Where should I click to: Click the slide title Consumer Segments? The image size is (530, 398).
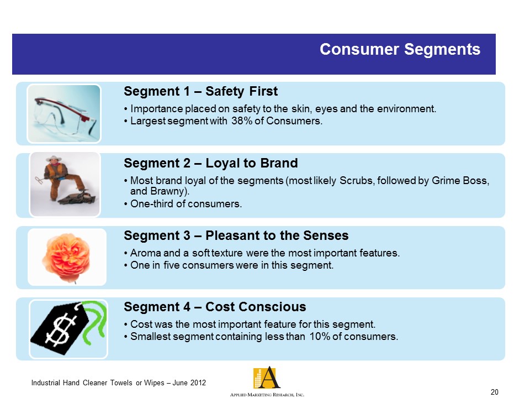pos(400,49)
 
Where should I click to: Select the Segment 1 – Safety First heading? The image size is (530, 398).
pos(200,91)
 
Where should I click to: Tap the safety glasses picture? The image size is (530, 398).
pos(64,113)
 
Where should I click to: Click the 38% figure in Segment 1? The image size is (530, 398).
pos(242,121)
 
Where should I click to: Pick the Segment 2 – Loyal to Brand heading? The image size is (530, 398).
pos(210,163)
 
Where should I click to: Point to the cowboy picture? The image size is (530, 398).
pos(65,184)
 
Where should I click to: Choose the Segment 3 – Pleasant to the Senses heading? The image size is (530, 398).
pos(236,235)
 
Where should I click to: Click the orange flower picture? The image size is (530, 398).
pos(67,257)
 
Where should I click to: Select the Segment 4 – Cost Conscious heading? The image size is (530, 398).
pos(215,307)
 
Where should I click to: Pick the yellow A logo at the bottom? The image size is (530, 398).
pos(267,378)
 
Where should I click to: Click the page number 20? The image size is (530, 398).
pos(494,392)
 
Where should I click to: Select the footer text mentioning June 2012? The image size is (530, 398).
pos(118,383)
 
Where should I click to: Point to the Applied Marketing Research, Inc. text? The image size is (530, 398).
pos(267,395)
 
